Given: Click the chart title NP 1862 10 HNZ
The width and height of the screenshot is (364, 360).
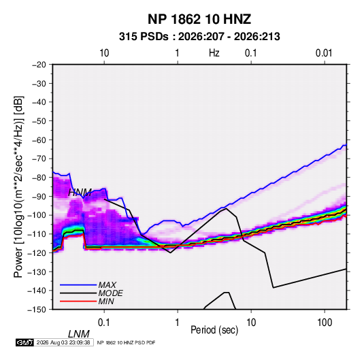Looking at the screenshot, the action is [x=199, y=19].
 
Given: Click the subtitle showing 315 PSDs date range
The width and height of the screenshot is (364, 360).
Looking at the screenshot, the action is [x=199, y=37].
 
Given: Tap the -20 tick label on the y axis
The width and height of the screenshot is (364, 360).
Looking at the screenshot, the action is [x=39, y=65].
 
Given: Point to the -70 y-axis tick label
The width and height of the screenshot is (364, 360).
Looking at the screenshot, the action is [x=39, y=159].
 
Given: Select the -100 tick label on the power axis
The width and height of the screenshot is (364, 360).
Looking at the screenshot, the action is [x=37, y=215].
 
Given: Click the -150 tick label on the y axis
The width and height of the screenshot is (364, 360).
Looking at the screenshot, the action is [x=37, y=310].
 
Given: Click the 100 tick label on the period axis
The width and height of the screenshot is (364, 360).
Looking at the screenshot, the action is [x=325, y=323].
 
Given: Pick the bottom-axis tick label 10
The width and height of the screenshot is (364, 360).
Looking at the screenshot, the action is [x=251, y=323].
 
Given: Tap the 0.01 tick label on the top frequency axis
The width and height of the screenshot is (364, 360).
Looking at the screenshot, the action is [x=324, y=53].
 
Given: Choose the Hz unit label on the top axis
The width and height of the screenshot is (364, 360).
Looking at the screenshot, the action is [x=214, y=53].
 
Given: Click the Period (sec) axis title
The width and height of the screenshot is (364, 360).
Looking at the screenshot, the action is [x=214, y=330].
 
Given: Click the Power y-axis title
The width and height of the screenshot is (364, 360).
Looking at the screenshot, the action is [x=18, y=187].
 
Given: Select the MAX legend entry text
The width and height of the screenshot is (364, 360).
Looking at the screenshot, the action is [x=107, y=285].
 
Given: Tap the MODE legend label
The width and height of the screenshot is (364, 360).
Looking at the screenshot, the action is [x=110, y=293].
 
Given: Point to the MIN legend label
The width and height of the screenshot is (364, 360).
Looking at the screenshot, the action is [x=106, y=301].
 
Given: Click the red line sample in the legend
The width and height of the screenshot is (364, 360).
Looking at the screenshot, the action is [x=78, y=301].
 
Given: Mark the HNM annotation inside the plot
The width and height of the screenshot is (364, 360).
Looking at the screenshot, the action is [x=80, y=193].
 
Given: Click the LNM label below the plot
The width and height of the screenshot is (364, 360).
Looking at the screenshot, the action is [x=79, y=334].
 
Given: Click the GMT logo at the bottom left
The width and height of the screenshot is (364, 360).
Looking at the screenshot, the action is [x=25, y=342].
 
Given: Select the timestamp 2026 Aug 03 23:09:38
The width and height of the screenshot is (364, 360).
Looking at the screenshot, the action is [x=63, y=342].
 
